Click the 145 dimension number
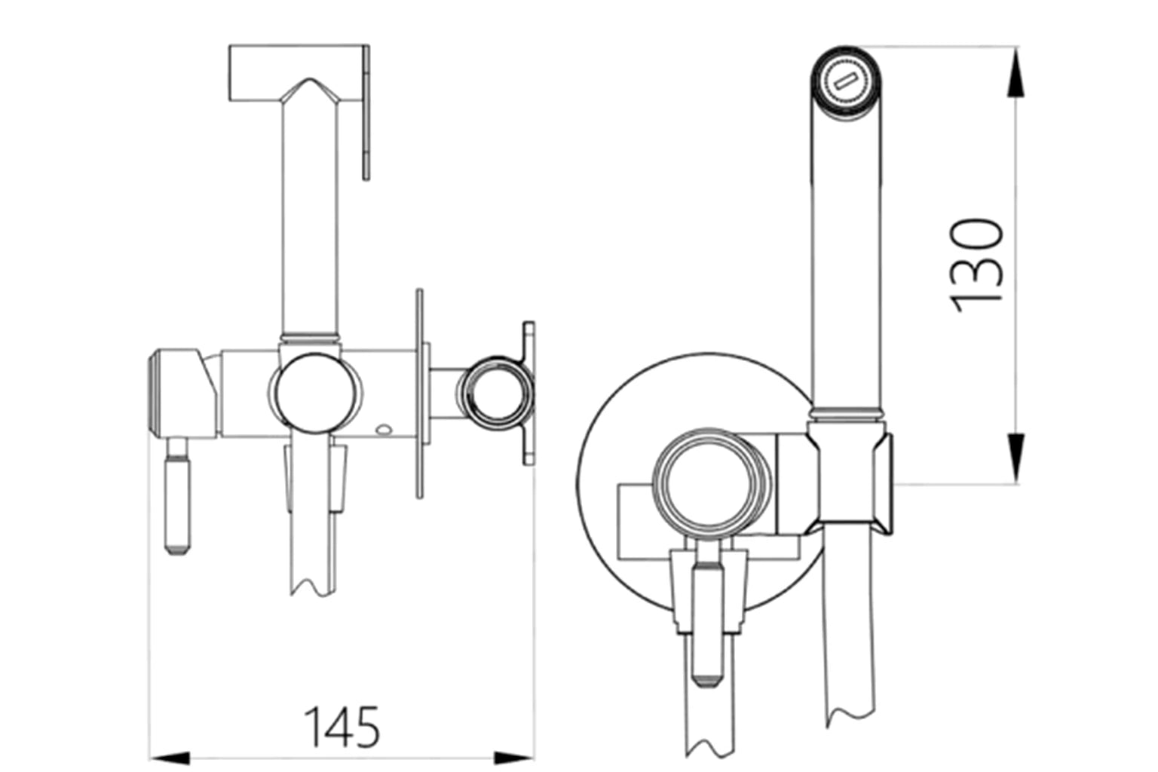pos(342,727)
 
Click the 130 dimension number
pos(977,265)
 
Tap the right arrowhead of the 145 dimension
pos(514,756)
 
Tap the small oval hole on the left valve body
pos(384,431)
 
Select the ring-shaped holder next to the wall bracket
pos(494,392)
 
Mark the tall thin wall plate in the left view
pos(419,392)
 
